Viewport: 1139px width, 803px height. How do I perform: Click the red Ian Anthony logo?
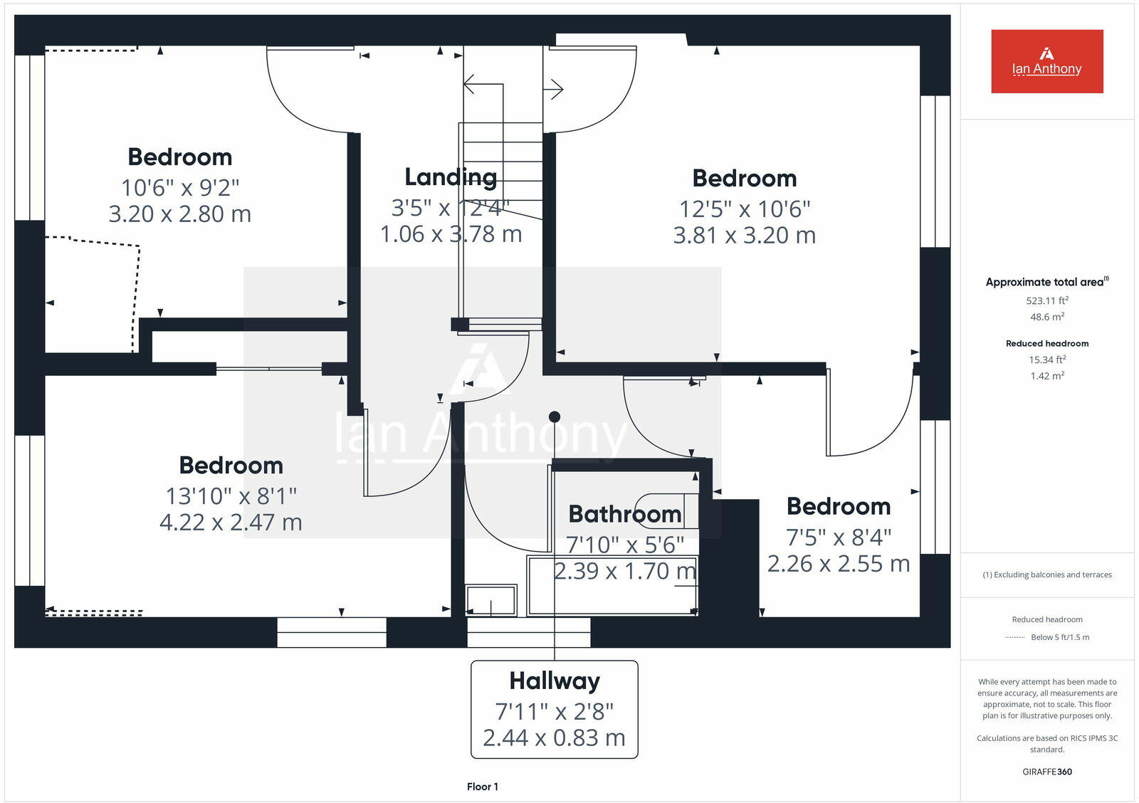pyautogui.click(x=1046, y=61)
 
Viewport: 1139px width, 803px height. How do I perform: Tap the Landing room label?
pyautogui.click(x=451, y=177)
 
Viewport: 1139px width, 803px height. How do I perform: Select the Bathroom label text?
pyautogui.click(x=624, y=513)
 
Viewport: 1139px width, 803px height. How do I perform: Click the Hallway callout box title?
pyautogui.click(x=555, y=681)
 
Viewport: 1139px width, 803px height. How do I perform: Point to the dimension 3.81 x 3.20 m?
pyautogui.click(x=744, y=235)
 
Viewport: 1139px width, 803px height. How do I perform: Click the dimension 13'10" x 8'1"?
pyautogui.click(x=231, y=495)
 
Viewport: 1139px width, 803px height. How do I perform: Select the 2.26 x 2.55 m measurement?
pyautogui.click(x=838, y=564)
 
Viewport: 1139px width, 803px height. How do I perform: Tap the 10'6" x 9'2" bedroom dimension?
pyautogui.click(x=180, y=187)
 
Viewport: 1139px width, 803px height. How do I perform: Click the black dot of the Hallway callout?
pyautogui.click(x=555, y=416)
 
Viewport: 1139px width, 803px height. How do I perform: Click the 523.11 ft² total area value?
pyautogui.click(x=1046, y=300)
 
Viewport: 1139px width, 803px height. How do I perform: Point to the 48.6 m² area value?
pyautogui.click(x=1046, y=317)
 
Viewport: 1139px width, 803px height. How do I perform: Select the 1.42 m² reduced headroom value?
pyautogui.click(x=1046, y=376)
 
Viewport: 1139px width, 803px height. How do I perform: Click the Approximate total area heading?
pyautogui.click(x=1045, y=282)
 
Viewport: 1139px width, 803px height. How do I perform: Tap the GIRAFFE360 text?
pyautogui.click(x=1046, y=772)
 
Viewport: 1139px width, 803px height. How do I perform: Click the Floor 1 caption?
pyautogui.click(x=483, y=787)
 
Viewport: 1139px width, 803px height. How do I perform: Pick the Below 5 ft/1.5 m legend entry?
pyautogui.click(x=1059, y=637)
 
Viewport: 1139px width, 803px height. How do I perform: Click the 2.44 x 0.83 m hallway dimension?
pyautogui.click(x=554, y=738)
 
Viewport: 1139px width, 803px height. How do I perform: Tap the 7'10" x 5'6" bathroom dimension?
pyautogui.click(x=624, y=545)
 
